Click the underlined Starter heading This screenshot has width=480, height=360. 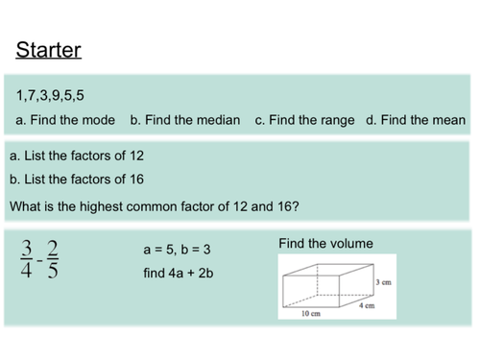(x=49, y=50)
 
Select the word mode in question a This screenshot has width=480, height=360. (x=103, y=121)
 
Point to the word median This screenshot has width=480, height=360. (x=218, y=121)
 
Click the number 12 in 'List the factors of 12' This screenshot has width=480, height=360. (x=136, y=156)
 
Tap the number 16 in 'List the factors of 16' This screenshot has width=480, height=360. (x=136, y=180)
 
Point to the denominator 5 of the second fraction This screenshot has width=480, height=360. (x=52, y=273)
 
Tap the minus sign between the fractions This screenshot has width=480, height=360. (x=40, y=260)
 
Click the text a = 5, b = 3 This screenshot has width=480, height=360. (x=177, y=250)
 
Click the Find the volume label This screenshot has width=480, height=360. (x=325, y=244)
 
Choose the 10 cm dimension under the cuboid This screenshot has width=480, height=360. (x=310, y=314)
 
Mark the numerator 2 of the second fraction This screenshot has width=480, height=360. (x=52, y=246)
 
